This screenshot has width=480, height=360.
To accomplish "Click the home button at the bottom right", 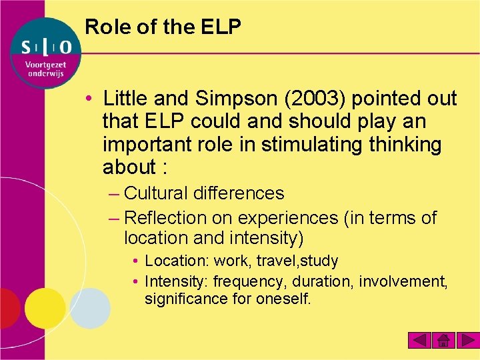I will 443,341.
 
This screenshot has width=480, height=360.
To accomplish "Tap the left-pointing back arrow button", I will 420,341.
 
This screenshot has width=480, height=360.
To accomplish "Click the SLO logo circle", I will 46,53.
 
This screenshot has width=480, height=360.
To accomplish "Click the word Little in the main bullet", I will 126,99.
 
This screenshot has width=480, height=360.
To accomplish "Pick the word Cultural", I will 156,193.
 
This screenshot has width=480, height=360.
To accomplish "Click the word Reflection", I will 166,217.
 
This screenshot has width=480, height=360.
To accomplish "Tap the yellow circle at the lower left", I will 45,308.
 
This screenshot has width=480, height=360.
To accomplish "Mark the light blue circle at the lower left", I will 90,308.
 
